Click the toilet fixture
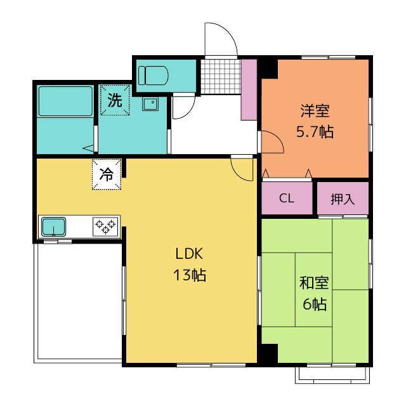[x=153, y=75]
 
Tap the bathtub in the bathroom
[x=65, y=101]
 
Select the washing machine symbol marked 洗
[x=115, y=100]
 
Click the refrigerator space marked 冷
[x=107, y=174]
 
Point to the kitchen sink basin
[x=53, y=227]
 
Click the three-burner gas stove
[x=105, y=226]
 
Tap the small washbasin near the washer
[x=150, y=104]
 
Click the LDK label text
[x=189, y=254]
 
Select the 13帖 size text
[x=190, y=275]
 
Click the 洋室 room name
[x=315, y=111]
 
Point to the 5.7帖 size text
[x=315, y=132]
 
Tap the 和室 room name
[x=314, y=283]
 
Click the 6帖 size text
[x=315, y=304]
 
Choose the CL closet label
[x=287, y=199]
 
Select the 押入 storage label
[x=343, y=199]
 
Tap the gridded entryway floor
[x=221, y=77]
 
